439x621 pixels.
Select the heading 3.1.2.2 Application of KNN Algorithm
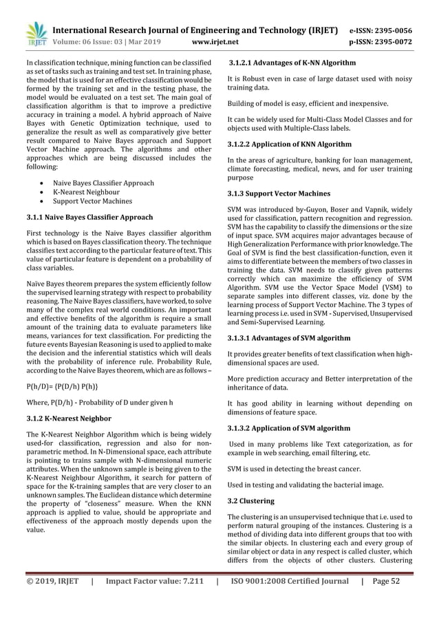pos(290,144)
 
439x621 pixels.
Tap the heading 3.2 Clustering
pos(250,501)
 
